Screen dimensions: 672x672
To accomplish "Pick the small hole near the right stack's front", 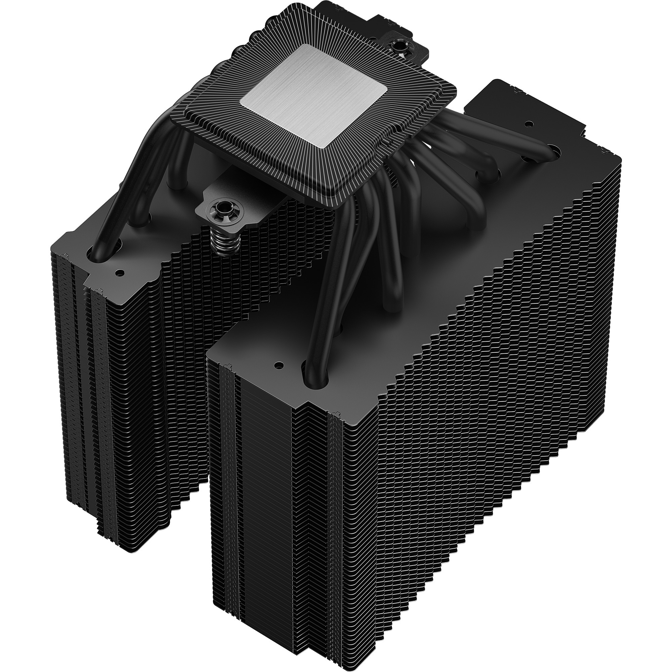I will click(x=278, y=366).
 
